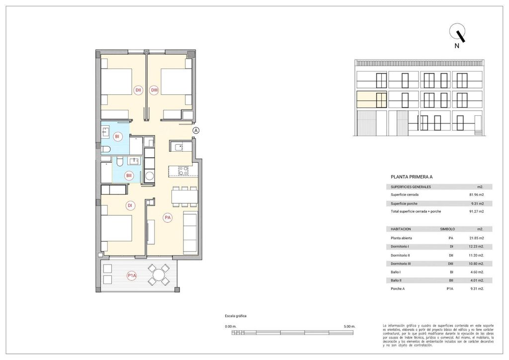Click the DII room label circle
[x=139, y=90]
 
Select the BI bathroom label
[x=118, y=136]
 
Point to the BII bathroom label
[x=129, y=175]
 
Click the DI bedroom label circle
[x=130, y=205]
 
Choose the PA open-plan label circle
[x=168, y=217]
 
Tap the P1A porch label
[x=132, y=275]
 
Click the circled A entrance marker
[x=196, y=130]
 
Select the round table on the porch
[x=160, y=275]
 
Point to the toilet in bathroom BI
[x=106, y=149]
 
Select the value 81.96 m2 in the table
[x=477, y=195]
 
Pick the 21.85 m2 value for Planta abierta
[x=477, y=238]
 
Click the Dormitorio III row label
[x=403, y=263]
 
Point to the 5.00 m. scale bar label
[x=349, y=326]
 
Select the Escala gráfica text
[x=236, y=316]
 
